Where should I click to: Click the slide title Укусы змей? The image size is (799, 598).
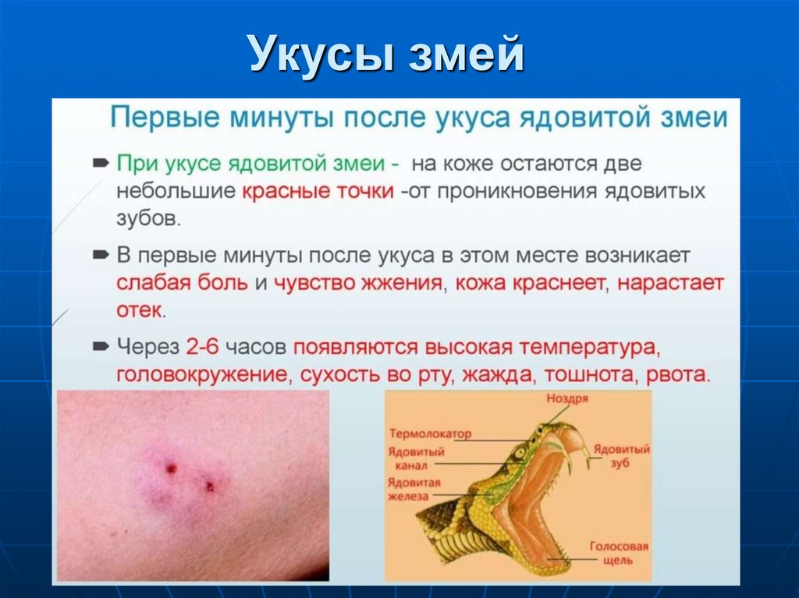[386, 55]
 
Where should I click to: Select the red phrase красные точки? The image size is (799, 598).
[318, 192]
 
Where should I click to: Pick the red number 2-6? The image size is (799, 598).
[205, 345]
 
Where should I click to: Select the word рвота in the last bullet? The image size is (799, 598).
[678, 374]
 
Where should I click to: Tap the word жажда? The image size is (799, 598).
[495, 374]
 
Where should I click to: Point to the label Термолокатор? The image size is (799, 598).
[431, 434]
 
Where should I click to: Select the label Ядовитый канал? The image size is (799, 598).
[417, 458]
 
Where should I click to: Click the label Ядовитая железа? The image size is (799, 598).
[415, 489]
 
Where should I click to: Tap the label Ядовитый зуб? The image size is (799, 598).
[621, 456]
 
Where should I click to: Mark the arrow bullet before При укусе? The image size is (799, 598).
[101, 163]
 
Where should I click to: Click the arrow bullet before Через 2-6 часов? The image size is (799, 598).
[101, 345]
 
